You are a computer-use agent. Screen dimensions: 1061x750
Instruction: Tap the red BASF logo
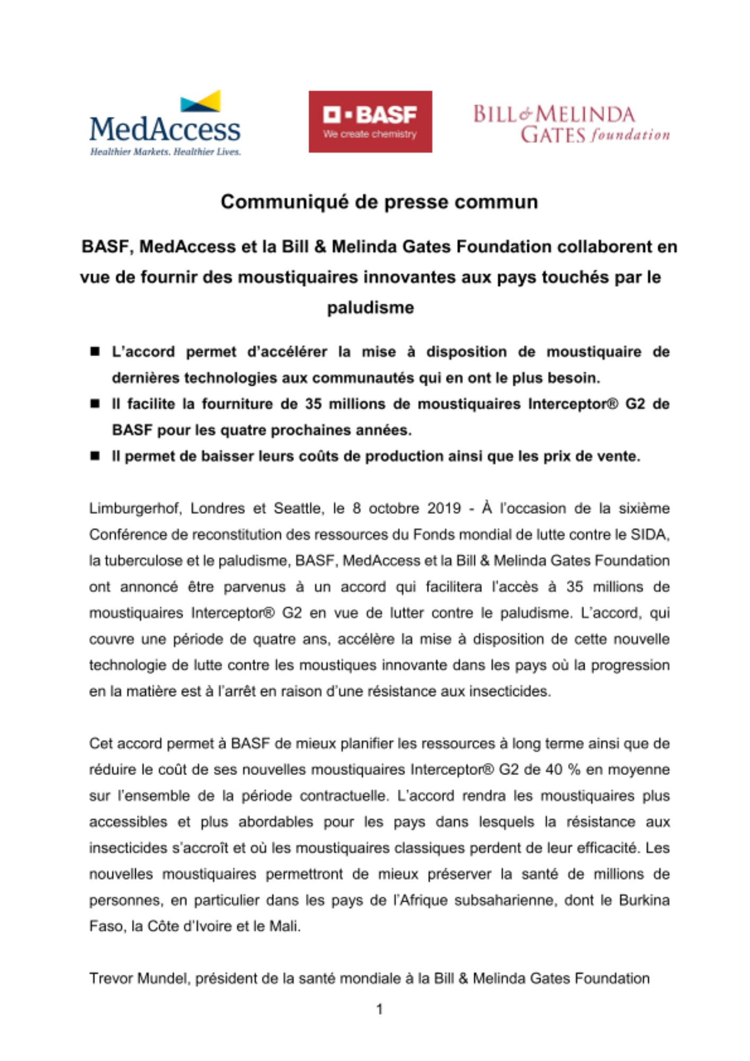[370, 121]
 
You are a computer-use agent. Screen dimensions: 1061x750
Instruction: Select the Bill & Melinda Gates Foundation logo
[571, 124]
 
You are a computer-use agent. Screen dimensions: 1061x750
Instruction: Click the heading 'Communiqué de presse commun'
[379, 202]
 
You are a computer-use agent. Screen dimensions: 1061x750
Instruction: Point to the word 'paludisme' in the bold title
[370, 308]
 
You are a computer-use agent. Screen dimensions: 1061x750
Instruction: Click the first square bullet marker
[95, 351]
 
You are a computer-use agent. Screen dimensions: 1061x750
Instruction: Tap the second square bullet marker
[95, 404]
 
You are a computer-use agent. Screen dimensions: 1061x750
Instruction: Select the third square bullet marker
[95, 456]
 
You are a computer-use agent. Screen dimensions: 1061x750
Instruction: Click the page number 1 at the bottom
[379, 1009]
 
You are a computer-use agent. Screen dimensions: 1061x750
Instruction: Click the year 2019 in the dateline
[444, 508]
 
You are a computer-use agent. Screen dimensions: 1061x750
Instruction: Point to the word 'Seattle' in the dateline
[297, 508]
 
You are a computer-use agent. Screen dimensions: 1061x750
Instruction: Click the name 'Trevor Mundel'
[139, 978]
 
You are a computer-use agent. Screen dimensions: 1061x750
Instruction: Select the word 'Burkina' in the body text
[644, 900]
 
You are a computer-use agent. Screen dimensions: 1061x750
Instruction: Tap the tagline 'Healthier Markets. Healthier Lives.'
[165, 152]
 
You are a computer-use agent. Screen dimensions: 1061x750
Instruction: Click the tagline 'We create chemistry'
[370, 134]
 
